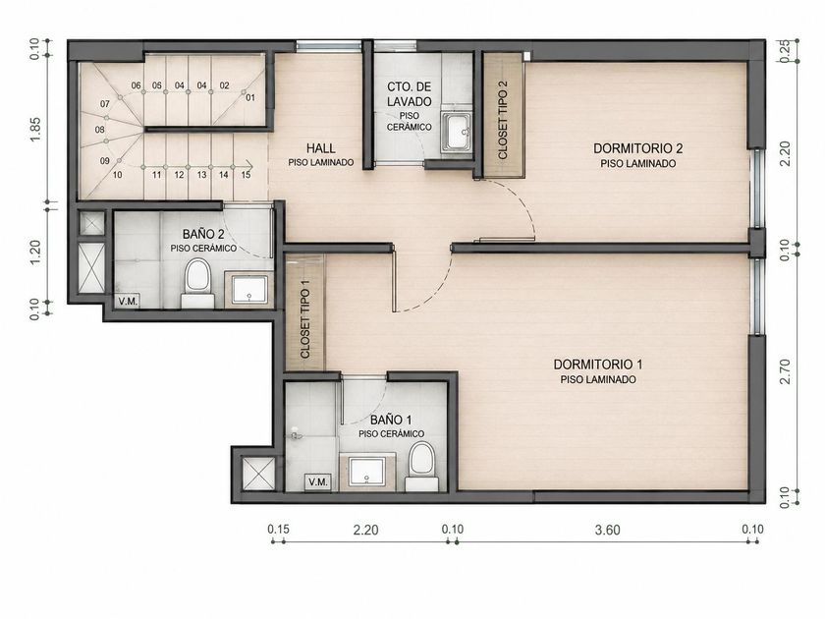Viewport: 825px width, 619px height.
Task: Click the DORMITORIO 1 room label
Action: (x=598, y=365)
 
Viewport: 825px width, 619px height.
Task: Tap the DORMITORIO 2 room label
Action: (x=637, y=148)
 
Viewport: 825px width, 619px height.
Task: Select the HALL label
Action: (x=321, y=148)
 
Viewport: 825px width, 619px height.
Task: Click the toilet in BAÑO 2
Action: (x=197, y=283)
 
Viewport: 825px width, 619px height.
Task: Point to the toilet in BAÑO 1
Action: (x=422, y=467)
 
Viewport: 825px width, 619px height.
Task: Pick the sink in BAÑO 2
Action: (x=249, y=290)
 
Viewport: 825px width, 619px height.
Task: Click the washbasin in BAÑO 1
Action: (x=367, y=472)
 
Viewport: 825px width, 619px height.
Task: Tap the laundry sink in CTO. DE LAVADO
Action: (x=457, y=132)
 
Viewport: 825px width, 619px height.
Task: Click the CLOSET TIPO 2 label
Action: (x=503, y=120)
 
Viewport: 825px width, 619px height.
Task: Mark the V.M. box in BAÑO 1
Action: (x=318, y=482)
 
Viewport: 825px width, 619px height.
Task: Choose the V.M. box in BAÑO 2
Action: (x=128, y=301)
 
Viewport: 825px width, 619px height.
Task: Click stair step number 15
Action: (x=246, y=175)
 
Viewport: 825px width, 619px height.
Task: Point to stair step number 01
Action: (x=250, y=97)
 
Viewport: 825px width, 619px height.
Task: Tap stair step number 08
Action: (x=99, y=130)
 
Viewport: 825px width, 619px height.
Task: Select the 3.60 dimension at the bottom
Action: (x=608, y=530)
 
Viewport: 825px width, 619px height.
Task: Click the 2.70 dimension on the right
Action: (x=786, y=371)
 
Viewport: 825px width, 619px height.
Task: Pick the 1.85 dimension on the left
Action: (x=35, y=129)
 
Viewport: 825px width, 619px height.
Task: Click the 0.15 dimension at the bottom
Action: (x=278, y=529)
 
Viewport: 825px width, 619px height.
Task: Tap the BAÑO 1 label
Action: (x=391, y=421)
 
